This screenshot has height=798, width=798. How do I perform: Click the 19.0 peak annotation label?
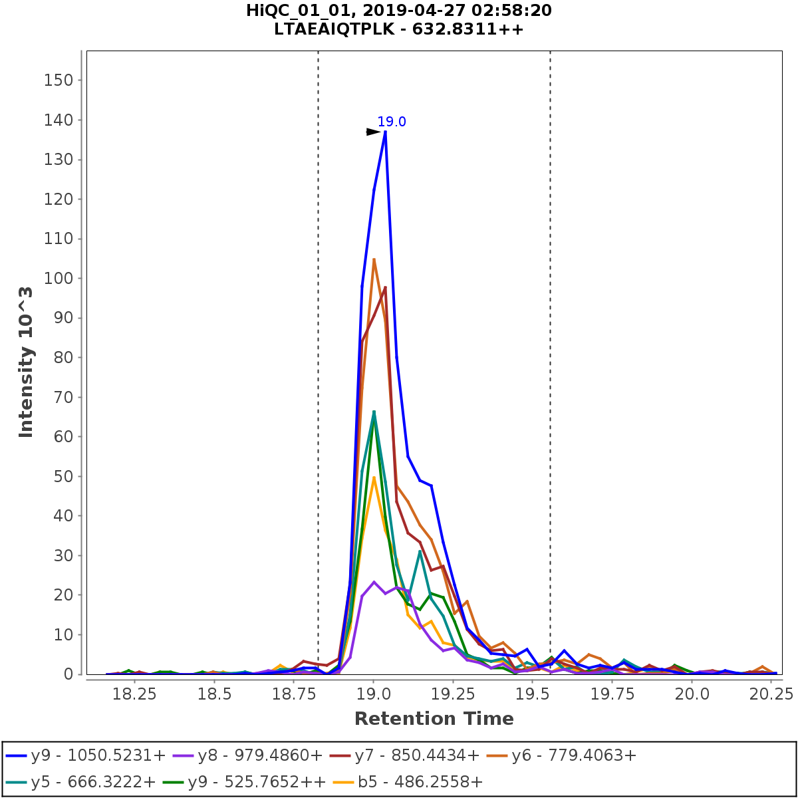click(392, 122)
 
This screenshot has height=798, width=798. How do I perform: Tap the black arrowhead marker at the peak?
click(373, 132)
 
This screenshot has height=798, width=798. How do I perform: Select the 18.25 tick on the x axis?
click(134, 694)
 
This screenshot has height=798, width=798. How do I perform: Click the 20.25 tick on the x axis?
click(771, 694)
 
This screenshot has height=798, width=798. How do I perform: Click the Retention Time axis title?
click(434, 719)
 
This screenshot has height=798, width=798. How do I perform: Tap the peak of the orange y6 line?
click(374, 259)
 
